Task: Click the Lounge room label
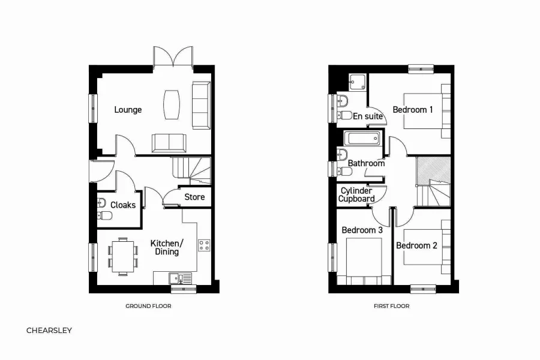coord(128,110)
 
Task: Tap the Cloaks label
coord(122,205)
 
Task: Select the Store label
coord(194,197)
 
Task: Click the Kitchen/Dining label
coord(166,247)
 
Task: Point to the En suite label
coord(367,116)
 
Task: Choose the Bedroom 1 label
coord(413,110)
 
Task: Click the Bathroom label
coord(366,163)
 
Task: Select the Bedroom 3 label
coord(362,230)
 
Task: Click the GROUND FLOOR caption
coord(148,306)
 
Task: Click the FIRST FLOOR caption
coord(391,306)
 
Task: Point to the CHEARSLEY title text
coord(49,330)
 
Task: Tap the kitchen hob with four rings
coord(204,245)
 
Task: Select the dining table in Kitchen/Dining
coord(123,256)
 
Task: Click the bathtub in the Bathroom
coord(362,139)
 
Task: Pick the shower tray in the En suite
coord(358,82)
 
